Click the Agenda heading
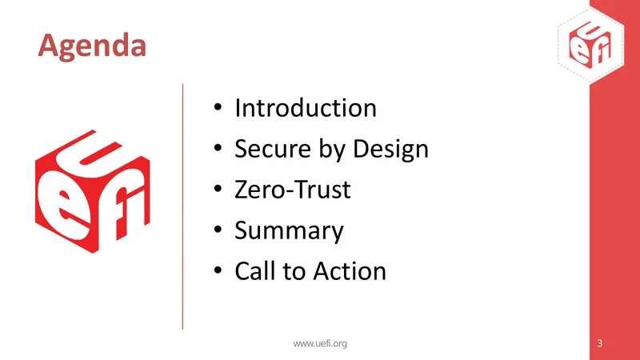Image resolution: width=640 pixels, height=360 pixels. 92,46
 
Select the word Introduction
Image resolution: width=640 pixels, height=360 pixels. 306,108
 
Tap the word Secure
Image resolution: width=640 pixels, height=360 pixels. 273,148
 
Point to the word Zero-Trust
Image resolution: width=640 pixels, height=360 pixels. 293,190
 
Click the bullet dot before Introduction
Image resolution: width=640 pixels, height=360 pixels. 218,107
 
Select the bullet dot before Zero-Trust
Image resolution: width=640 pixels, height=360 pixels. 218,189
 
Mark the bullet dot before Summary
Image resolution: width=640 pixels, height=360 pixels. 218,230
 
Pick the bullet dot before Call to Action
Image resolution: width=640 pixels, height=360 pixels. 218,270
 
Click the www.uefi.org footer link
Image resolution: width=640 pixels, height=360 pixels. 320,344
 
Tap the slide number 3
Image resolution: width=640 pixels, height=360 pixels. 599,343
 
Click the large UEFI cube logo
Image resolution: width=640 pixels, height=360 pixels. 93,191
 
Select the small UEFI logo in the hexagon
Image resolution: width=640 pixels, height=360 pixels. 590,45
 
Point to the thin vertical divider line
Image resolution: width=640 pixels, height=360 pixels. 182,206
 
